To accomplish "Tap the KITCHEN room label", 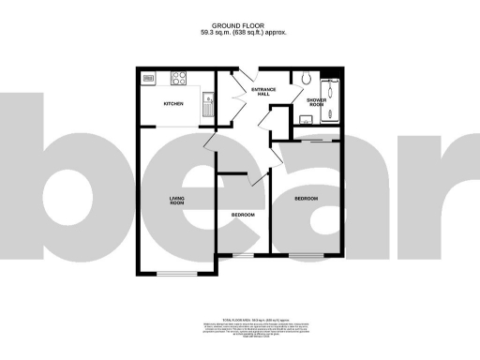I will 174,103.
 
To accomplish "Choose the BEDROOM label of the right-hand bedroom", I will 307,200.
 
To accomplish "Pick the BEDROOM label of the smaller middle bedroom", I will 244,217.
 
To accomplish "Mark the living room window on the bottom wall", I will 174,274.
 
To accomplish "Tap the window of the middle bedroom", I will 244,255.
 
